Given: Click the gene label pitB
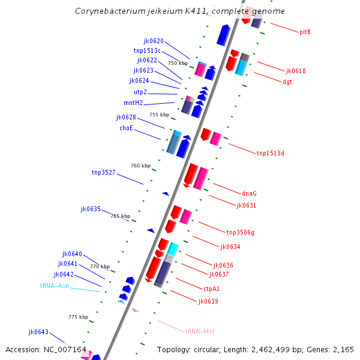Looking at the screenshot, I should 305,32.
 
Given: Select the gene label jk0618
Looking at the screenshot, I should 296,71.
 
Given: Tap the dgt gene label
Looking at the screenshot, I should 287,82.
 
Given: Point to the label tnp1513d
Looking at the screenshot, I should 270,153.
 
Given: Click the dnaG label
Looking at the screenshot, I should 249,193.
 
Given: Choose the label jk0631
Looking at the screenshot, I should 246,205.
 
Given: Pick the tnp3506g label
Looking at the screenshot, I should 240,232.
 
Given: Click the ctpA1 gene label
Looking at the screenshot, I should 212,289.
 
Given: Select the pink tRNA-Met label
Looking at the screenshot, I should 200,331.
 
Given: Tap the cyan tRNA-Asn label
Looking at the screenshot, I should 55,286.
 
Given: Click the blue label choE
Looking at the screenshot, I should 126,128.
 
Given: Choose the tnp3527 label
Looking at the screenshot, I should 103,172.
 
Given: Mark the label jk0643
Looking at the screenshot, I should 38,332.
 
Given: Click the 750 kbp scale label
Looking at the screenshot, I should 178,63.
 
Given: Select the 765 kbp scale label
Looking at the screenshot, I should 121,216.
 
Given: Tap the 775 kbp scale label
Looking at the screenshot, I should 78,317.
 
